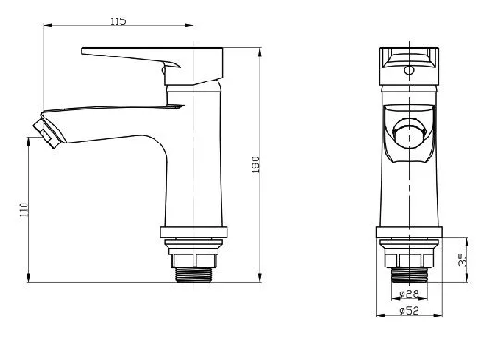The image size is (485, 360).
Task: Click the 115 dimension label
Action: point(118,21)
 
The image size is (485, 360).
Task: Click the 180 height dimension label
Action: point(255,165)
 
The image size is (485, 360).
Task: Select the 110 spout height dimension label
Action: point(24,209)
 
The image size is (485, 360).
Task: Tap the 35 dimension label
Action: point(462,259)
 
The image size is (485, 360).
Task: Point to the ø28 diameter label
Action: point(409,293)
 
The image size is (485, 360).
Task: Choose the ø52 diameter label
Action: point(409,310)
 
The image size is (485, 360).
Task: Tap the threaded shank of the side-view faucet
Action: point(193,275)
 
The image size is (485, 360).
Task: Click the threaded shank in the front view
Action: point(409,275)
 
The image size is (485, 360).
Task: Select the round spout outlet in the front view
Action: point(409,134)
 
